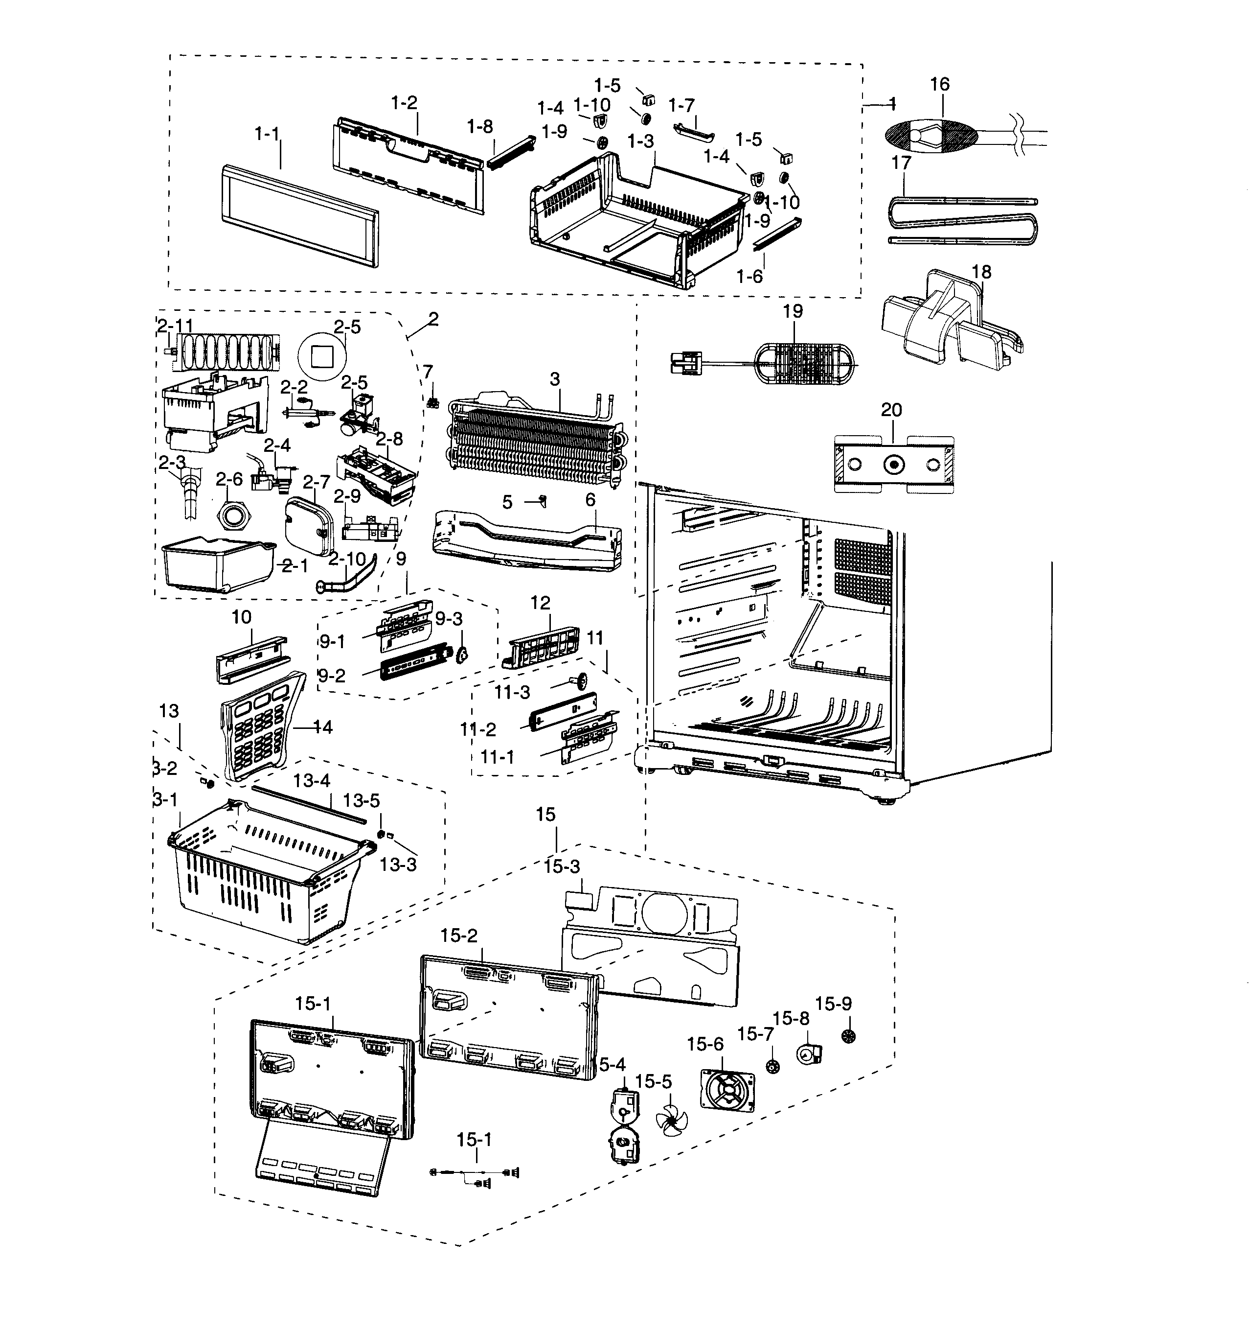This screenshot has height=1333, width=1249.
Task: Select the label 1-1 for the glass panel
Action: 267,134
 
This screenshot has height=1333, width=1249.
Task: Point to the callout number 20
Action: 891,410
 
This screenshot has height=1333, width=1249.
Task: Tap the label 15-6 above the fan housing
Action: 705,1044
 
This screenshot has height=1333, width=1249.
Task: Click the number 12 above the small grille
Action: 540,603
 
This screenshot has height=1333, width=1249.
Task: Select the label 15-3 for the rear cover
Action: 562,867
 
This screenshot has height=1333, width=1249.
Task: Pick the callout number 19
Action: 793,312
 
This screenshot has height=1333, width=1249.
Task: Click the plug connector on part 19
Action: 685,364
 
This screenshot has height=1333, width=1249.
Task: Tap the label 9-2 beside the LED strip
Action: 332,675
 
